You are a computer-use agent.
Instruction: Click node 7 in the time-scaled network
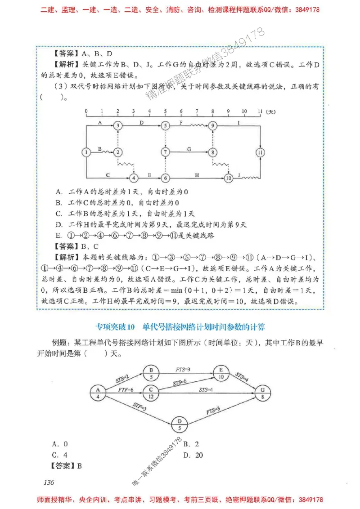tap(166, 152)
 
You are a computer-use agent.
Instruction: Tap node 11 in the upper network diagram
tap(260, 152)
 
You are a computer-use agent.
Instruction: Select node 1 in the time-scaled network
tap(86, 152)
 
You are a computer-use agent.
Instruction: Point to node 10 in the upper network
tap(228, 178)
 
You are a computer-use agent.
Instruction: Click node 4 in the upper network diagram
tap(134, 178)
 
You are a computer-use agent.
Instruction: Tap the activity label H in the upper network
tap(197, 174)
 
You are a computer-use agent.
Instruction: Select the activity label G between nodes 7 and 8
tap(189, 148)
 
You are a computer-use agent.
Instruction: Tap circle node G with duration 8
tap(263, 393)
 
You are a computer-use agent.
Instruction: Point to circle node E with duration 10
tap(220, 374)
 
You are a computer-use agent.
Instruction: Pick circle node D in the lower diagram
tap(180, 425)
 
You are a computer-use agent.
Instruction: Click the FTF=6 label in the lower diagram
tap(126, 389)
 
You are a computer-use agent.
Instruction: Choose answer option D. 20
tap(193, 455)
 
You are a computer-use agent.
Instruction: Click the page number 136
tap(49, 482)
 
